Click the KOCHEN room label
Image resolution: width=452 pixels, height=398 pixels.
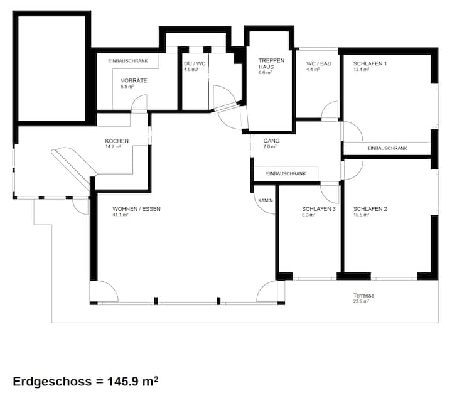[x=117, y=141]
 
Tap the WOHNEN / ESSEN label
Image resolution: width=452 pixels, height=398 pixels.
[x=136, y=209]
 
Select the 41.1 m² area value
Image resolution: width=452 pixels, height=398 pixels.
[x=121, y=215]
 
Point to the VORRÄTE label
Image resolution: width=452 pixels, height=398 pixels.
[x=134, y=81]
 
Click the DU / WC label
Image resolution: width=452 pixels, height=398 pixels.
[x=195, y=63]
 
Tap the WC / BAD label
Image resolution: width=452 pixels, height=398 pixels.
[x=319, y=63]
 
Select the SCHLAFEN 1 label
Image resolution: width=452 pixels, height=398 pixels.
[x=370, y=63]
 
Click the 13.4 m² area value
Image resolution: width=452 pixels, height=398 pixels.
[x=362, y=70]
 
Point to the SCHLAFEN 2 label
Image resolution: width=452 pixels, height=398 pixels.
[x=370, y=209]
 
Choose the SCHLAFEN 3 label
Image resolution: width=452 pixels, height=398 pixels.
[x=319, y=209]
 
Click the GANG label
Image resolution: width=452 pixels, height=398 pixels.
[x=271, y=141]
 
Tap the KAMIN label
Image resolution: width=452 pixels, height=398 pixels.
[x=266, y=200]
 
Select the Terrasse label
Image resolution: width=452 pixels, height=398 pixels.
[x=363, y=296]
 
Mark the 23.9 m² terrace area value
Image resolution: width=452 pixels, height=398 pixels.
[x=362, y=301]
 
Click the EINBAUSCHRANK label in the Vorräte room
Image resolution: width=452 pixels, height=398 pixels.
[x=128, y=61]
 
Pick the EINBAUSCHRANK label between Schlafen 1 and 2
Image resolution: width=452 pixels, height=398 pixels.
[x=387, y=148]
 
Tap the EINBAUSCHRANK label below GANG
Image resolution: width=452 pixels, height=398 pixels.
[x=286, y=173]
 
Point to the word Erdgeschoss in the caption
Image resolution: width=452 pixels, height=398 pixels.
[x=52, y=382]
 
